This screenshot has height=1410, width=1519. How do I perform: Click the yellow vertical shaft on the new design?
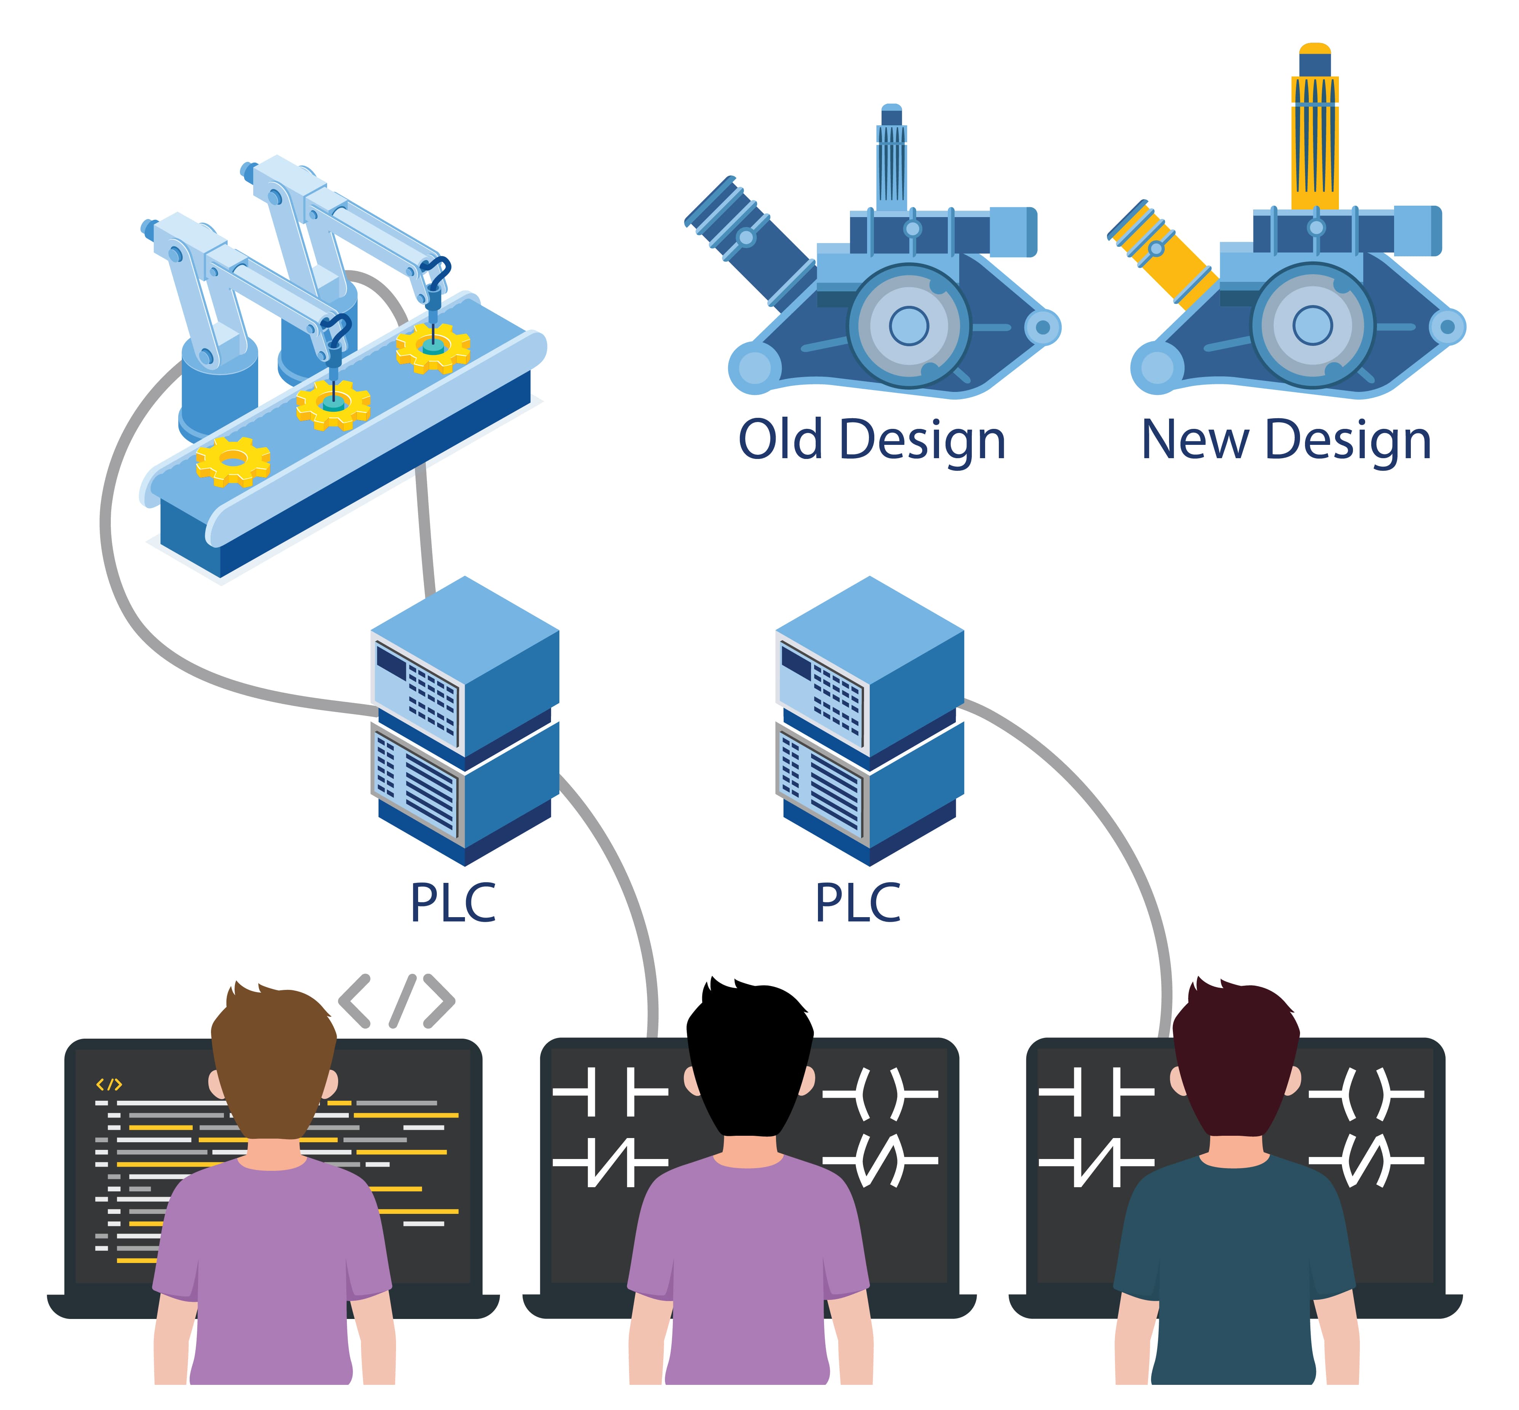pyautogui.click(x=1315, y=145)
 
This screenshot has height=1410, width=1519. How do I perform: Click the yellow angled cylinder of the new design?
pyautogui.click(x=1163, y=252)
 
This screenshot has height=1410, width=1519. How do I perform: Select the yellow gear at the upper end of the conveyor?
pyautogui.click(x=433, y=347)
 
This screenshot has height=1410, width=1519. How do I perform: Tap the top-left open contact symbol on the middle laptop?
pyautogui.click(x=610, y=1093)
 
